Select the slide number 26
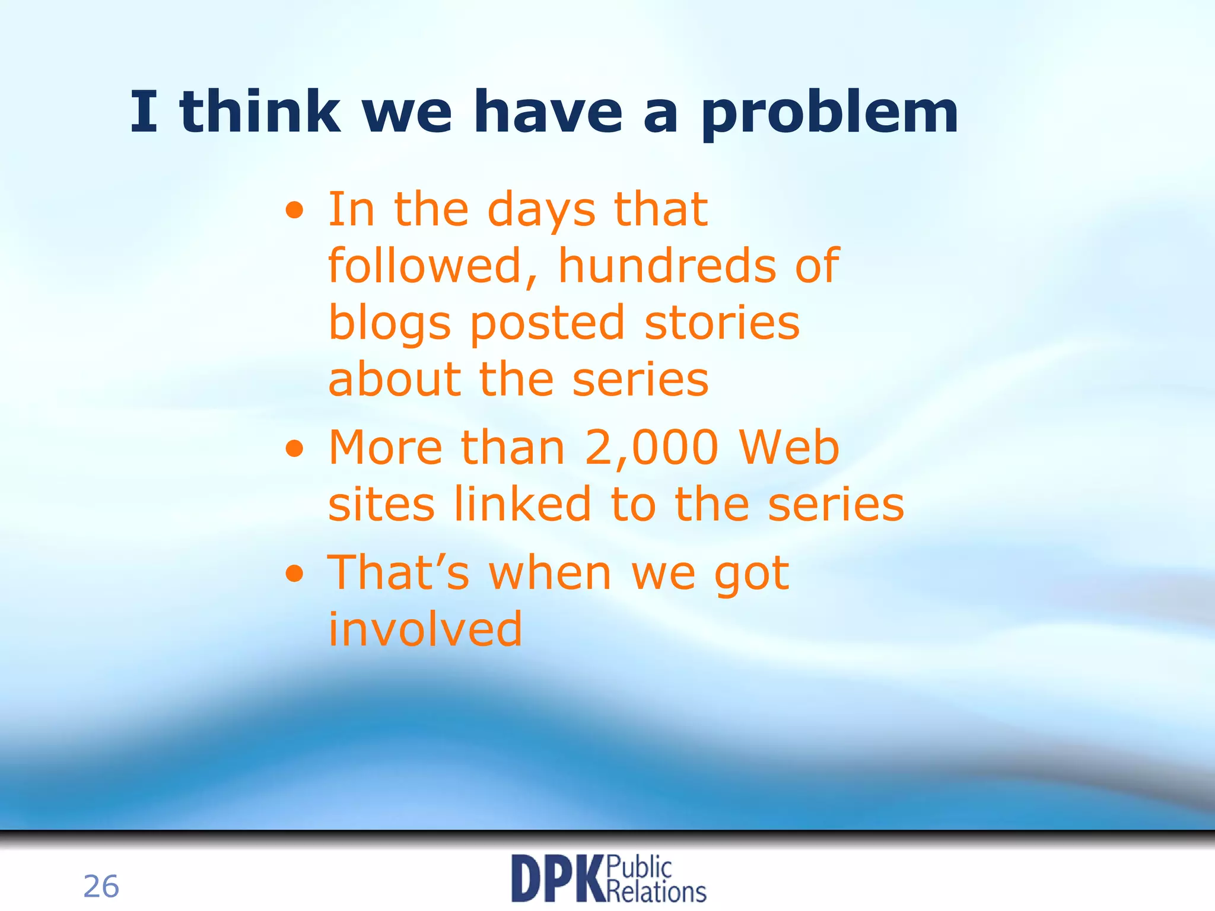click(101, 887)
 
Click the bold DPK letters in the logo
click(557, 879)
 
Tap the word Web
click(789, 448)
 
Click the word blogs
click(389, 323)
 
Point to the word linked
click(523, 505)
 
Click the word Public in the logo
click(639, 868)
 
